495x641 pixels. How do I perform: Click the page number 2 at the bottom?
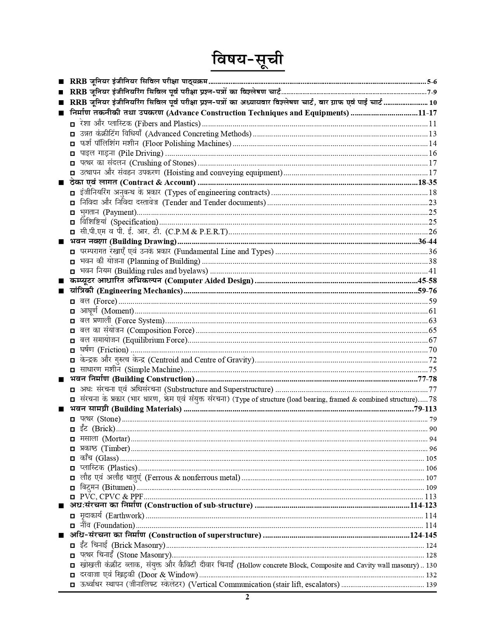[247, 597]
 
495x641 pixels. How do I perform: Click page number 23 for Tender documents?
[432, 202]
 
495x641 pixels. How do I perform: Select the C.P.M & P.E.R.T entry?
[196, 232]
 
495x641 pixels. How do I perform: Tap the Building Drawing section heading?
[122, 242]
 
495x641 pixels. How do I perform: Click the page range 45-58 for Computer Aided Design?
[427, 281]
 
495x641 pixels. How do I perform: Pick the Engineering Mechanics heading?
[139, 291]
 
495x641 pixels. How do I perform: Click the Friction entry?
[113, 350]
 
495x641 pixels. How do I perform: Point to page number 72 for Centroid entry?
[432, 360]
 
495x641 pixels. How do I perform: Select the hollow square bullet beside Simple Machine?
[73, 370]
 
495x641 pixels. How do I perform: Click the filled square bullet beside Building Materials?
[61, 409]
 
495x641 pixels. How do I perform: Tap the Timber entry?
[115, 449]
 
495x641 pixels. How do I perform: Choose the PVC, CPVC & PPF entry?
[111, 496]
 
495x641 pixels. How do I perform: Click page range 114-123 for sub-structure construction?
[423, 505]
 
